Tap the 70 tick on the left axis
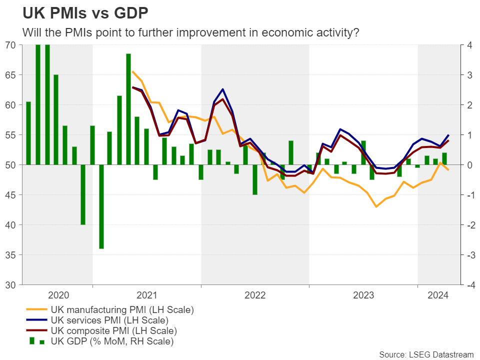click(x=11, y=45)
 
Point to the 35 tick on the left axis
click(x=11, y=255)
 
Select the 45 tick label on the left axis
click(x=11, y=195)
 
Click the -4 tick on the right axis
click(x=469, y=285)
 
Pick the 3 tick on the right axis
click(x=469, y=75)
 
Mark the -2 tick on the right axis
click(x=469, y=225)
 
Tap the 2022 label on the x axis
click(x=255, y=295)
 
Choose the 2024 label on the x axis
click(x=438, y=295)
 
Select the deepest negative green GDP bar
click(x=101, y=206)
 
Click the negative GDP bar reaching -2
click(x=83, y=194)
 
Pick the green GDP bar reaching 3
click(x=56, y=120)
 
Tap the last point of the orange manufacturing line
click(x=448, y=170)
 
